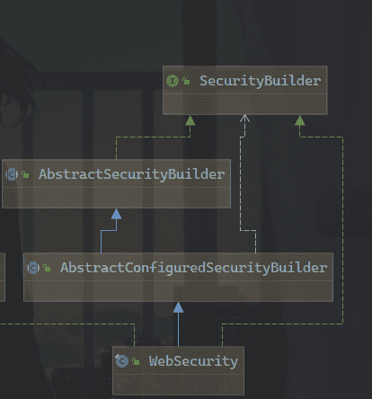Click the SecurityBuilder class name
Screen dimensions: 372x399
tap(260, 81)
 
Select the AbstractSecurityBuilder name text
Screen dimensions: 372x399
tap(131, 174)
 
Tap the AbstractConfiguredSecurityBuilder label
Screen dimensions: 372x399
tap(193, 268)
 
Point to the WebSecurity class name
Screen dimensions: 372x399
tap(193, 361)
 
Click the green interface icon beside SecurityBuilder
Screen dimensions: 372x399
tap(173, 81)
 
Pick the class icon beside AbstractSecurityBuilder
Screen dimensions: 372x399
tap(12, 174)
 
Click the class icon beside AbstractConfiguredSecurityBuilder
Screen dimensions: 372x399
tap(33, 268)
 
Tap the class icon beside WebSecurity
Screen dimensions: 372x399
tap(122, 361)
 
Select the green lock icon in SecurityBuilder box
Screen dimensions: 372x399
tap(186, 81)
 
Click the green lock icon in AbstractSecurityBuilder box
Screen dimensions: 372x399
tap(25, 174)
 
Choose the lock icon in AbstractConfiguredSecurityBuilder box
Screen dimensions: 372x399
tap(47, 268)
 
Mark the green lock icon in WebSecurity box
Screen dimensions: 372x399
tap(136, 361)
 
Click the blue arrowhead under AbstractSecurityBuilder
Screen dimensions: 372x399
tap(116, 214)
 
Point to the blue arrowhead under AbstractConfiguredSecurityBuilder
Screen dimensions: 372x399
tap(178, 307)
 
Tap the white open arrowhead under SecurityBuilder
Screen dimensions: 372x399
tap(244, 119)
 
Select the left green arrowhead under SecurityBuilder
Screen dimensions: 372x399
tap(190, 120)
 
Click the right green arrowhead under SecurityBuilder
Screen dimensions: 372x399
tap(300, 120)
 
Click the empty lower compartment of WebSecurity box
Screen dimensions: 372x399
tap(178, 385)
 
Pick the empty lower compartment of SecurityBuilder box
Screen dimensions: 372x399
tap(245, 104)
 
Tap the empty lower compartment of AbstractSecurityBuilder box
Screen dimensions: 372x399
tap(116, 198)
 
